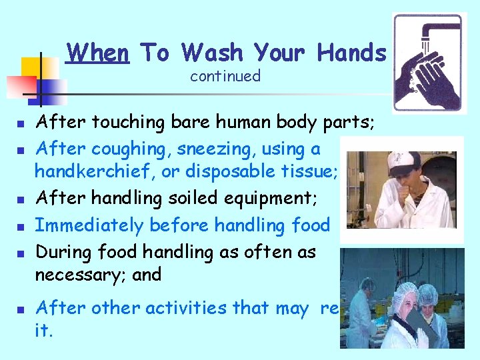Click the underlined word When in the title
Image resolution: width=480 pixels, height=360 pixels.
click(x=98, y=52)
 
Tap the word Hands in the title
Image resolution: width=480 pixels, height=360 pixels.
click(x=351, y=52)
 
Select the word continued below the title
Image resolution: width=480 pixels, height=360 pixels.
click(x=225, y=76)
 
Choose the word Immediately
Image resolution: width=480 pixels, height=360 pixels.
click(x=89, y=225)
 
